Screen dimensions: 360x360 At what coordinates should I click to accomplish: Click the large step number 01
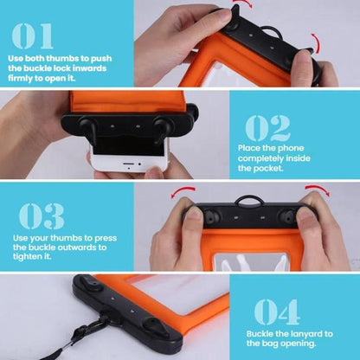click(x=32, y=36)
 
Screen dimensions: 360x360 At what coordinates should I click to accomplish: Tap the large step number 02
click(x=267, y=128)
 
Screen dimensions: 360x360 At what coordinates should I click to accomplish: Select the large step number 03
click(x=42, y=215)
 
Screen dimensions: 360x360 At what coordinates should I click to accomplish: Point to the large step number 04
click(x=276, y=312)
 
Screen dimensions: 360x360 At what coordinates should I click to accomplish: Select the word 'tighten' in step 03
click(x=28, y=256)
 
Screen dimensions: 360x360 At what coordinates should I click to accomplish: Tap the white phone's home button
click(x=129, y=168)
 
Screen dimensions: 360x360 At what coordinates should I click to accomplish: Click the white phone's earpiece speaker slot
click(x=128, y=164)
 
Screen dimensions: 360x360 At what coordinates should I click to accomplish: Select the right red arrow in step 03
click(x=318, y=190)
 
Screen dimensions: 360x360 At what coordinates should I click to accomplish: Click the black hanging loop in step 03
click(x=249, y=198)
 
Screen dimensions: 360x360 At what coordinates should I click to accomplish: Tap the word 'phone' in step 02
click(x=291, y=149)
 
